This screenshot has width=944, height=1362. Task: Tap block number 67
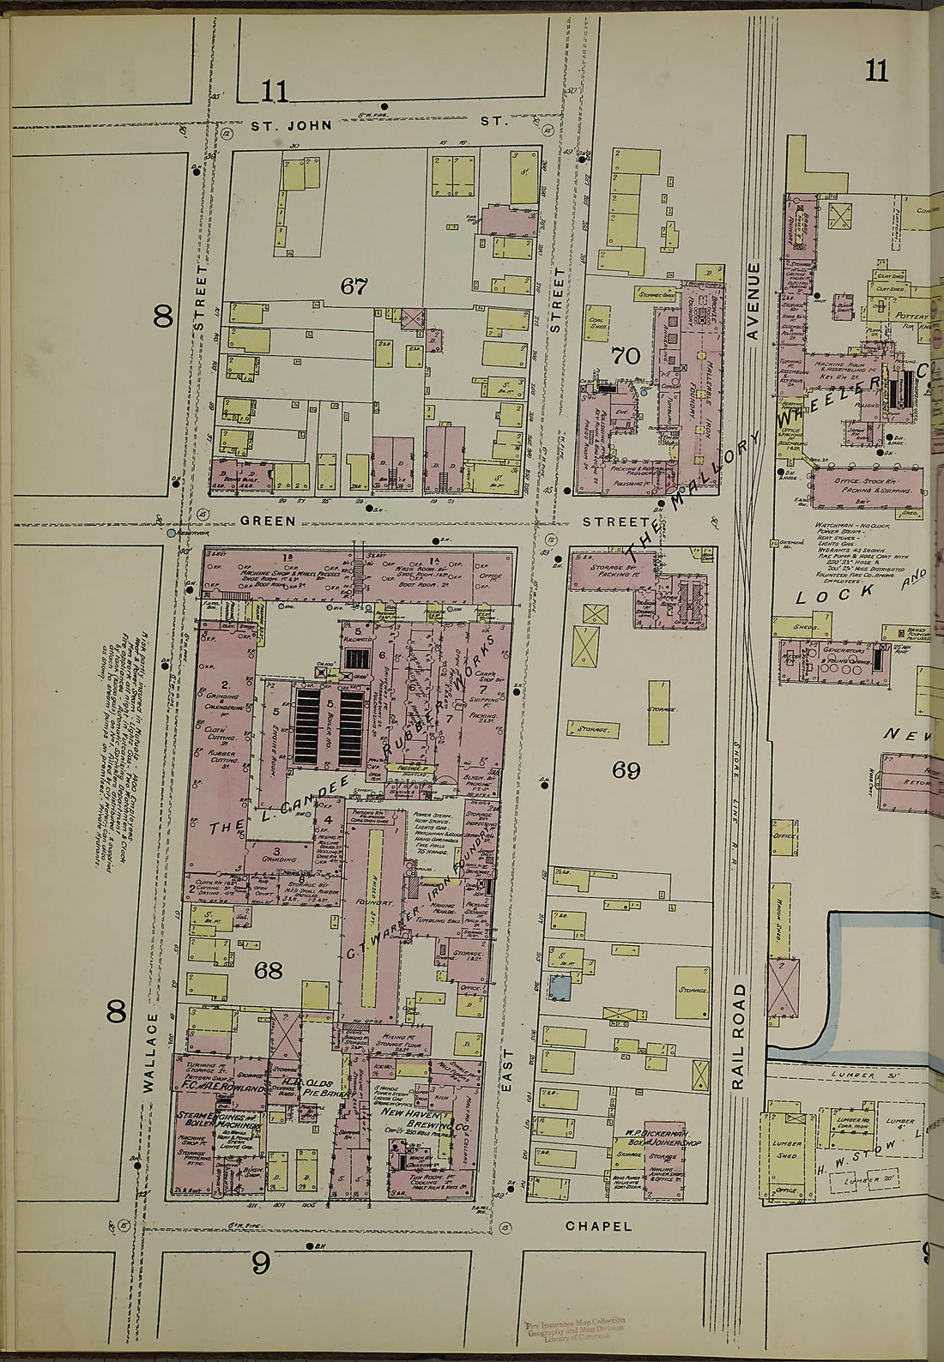tap(354, 286)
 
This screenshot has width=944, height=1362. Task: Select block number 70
tap(626, 355)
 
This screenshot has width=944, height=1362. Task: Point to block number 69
tap(626, 770)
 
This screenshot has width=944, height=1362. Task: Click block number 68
tap(268, 970)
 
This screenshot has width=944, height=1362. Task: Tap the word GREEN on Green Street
tap(268, 521)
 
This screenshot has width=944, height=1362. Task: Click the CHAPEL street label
tap(598, 1226)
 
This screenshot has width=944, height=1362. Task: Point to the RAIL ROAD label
tap(738, 1036)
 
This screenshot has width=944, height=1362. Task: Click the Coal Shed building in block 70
tap(598, 322)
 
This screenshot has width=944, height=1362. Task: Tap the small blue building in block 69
tap(560, 988)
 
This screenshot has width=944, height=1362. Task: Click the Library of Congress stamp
tap(574, 1329)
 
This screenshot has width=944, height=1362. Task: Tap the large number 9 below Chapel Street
tap(261, 1262)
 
